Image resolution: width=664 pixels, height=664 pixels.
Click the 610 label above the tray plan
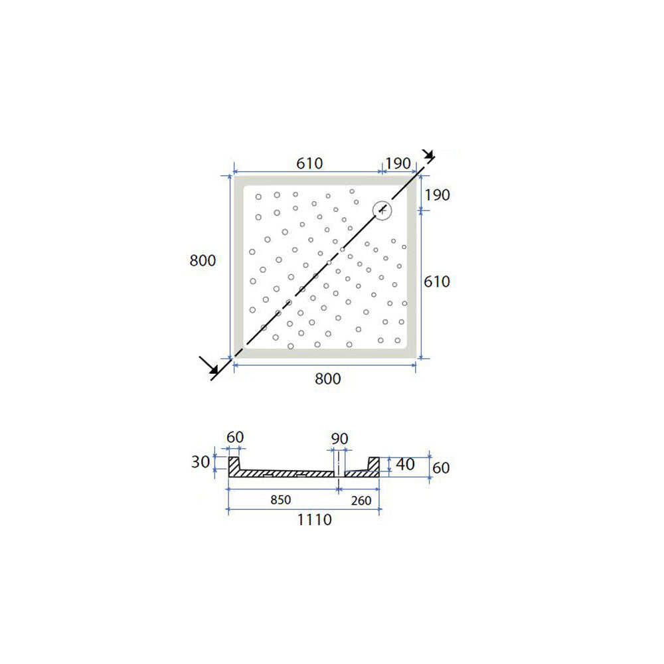click(309, 163)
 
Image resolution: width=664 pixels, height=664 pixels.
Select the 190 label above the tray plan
click(398, 163)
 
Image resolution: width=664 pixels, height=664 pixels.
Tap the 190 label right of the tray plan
click(438, 195)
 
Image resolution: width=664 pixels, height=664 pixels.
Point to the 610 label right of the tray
click(437, 282)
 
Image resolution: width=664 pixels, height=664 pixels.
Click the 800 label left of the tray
click(203, 261)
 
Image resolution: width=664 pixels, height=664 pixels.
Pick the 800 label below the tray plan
click(327, 378)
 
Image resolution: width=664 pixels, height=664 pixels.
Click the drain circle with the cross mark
click(382, 210)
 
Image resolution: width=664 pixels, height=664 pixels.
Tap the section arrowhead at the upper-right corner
click(429, 157)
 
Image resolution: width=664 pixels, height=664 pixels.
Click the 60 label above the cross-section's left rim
click(235, 437)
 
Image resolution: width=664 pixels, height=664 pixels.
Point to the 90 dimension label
click(339, 438)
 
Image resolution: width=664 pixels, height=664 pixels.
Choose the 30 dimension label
click(200, 462)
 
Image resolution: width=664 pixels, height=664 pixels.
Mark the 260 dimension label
click(360, 500)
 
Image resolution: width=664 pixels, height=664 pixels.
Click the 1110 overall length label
click(314, 520)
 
